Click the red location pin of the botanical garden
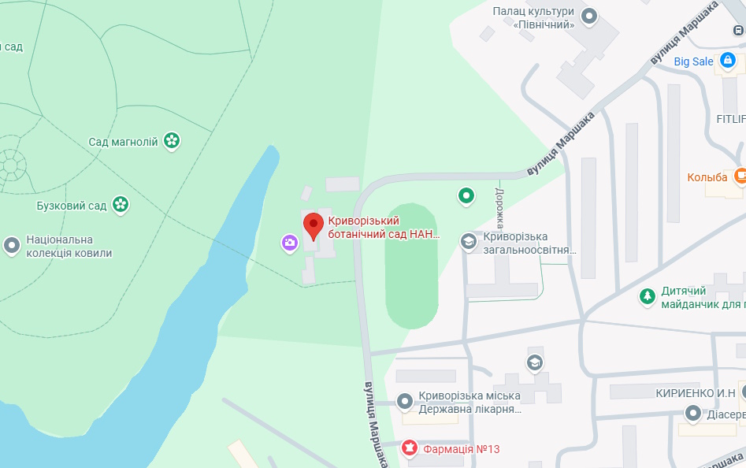[314, 225]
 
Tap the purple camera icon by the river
[290, 243]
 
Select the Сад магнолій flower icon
[172, 142]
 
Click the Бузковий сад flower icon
[121, 206]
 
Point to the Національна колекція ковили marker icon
[12, 246]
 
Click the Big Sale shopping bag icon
[728, 61]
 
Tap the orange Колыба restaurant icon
[740, 176]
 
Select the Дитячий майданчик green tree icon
[647, 297]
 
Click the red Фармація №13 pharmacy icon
[409, 448]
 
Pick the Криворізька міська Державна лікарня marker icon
[405, 402]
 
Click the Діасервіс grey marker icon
[693, 414]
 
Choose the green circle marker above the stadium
[466, 195]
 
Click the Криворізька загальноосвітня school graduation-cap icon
[469, 243]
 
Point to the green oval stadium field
[411, 269]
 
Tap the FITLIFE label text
[730, 119]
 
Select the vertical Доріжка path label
[499, 207]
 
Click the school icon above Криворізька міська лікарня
[535, 362]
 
